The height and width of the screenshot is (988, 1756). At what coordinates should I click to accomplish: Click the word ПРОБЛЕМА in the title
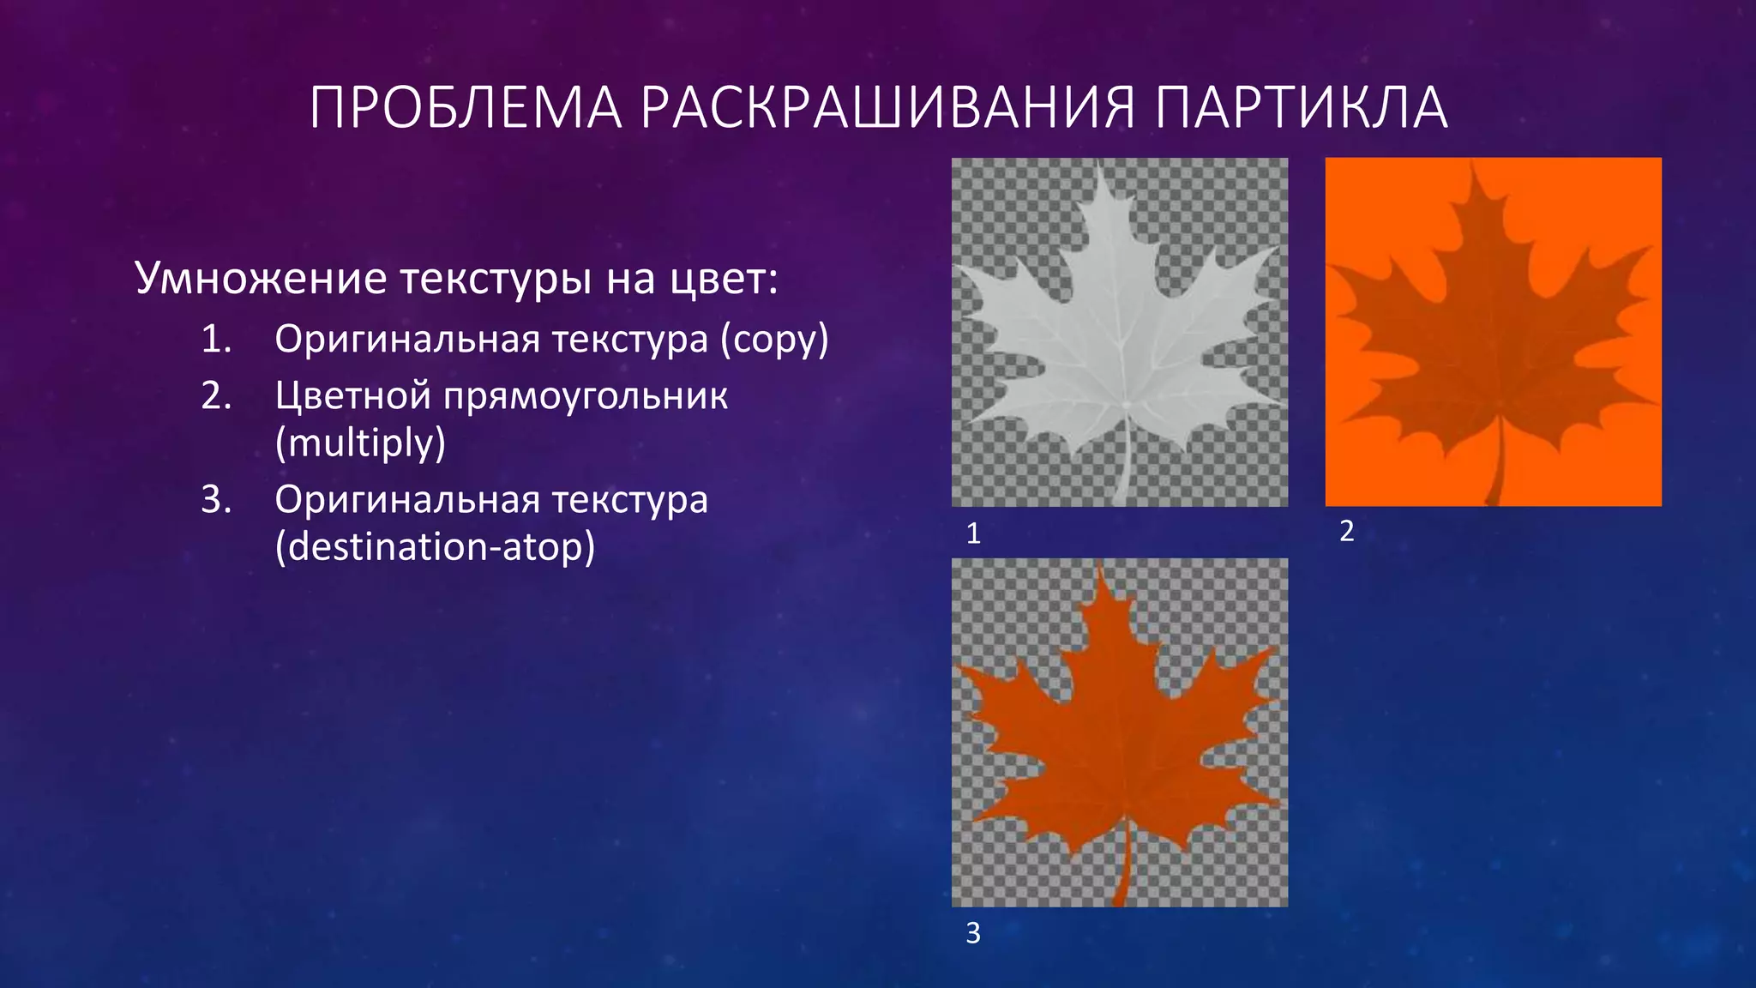[465, 108]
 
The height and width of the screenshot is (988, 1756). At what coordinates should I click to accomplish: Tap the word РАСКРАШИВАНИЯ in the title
[887, 108]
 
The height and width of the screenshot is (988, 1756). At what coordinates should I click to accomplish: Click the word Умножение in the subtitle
[261, 278]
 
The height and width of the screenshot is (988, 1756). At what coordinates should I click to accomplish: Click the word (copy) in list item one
[774, 340]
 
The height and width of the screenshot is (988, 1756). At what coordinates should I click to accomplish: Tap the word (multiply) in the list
[360, 443]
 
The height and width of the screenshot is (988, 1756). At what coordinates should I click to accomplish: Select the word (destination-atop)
[435, 546]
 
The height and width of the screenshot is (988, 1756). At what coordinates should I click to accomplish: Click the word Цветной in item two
[352, 396]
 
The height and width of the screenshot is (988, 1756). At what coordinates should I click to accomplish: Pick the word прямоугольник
[586, 396]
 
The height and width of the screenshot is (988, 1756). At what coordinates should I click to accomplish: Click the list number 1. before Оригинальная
[217, 340]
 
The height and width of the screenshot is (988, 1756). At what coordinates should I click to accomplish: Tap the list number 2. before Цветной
[217, 396]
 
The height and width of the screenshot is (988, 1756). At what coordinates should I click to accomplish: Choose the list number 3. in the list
[217, 499]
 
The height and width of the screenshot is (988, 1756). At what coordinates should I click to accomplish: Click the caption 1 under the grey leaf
[973, 533]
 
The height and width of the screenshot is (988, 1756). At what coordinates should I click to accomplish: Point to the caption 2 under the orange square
[1346, 531]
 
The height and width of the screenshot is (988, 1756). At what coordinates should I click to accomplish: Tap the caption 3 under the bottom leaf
[973, 932]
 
